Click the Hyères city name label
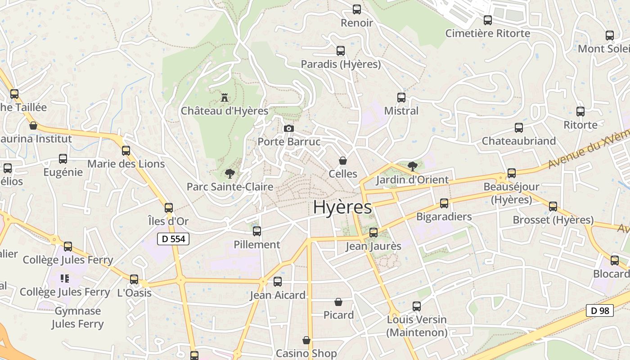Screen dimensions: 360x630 (342, 207)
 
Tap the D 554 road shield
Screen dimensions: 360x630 (173, 239)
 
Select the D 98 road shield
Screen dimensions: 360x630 (600, 310)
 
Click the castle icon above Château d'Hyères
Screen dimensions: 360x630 (224, 97)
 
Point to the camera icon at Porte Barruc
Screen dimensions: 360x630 (289, 129)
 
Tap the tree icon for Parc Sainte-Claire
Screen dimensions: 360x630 (230, 173)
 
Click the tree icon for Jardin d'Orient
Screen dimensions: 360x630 (412, 166)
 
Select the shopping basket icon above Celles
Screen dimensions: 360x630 (343, 161)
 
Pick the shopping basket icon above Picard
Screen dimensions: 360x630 (338, 302)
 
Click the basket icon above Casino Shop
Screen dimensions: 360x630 (306, 340)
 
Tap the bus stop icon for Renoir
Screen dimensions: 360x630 (357, 9)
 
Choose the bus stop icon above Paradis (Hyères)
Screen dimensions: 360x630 (341, 51)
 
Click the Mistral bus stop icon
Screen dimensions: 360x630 (401, 97)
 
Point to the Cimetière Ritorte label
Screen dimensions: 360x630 (488, 33)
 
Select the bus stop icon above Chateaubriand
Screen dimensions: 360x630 (519, 128)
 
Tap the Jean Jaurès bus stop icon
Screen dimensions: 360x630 (373, 233)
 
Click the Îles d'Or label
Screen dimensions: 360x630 (168, 221)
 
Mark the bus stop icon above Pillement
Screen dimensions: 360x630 (257, 231)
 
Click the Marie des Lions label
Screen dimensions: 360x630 (126, 164)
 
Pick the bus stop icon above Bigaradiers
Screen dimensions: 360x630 (444, 203)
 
